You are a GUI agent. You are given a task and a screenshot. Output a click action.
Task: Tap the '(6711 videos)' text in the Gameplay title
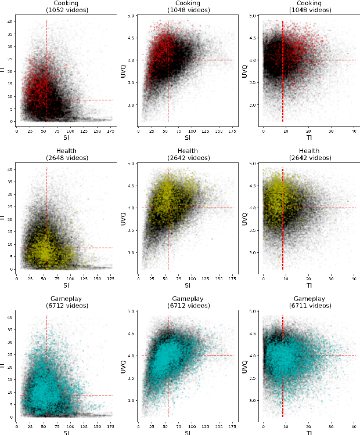click(309, 306)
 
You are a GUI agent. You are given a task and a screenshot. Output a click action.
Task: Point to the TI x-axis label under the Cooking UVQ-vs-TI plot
click(309, 137)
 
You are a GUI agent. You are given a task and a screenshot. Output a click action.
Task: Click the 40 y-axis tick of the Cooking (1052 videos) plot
click(10, 22)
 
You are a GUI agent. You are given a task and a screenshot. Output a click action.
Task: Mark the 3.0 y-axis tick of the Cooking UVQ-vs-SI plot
click(133, 105)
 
